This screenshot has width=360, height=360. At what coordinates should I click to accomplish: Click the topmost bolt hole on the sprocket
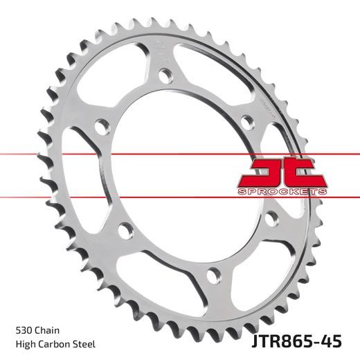pyautogui.click(x=165, y=73)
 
